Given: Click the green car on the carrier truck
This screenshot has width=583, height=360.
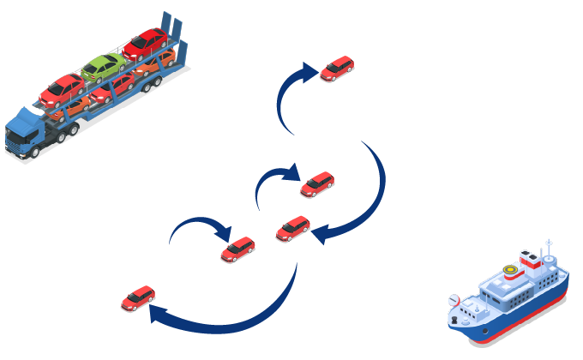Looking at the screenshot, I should pos(103,66).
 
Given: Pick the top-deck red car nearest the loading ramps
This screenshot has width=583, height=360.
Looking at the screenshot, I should pos(146,42).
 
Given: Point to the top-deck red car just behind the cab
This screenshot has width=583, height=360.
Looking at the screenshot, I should pos(61,87).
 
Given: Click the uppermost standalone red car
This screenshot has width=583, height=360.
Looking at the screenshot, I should pos(337,69).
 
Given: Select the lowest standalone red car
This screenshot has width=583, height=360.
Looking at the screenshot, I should pos(138,298).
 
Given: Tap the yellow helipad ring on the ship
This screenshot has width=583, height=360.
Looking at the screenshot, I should pos(511,273).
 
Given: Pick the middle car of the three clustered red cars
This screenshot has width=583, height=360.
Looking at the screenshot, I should pos(293,228).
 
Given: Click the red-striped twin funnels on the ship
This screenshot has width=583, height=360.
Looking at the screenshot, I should pos(528,258).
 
